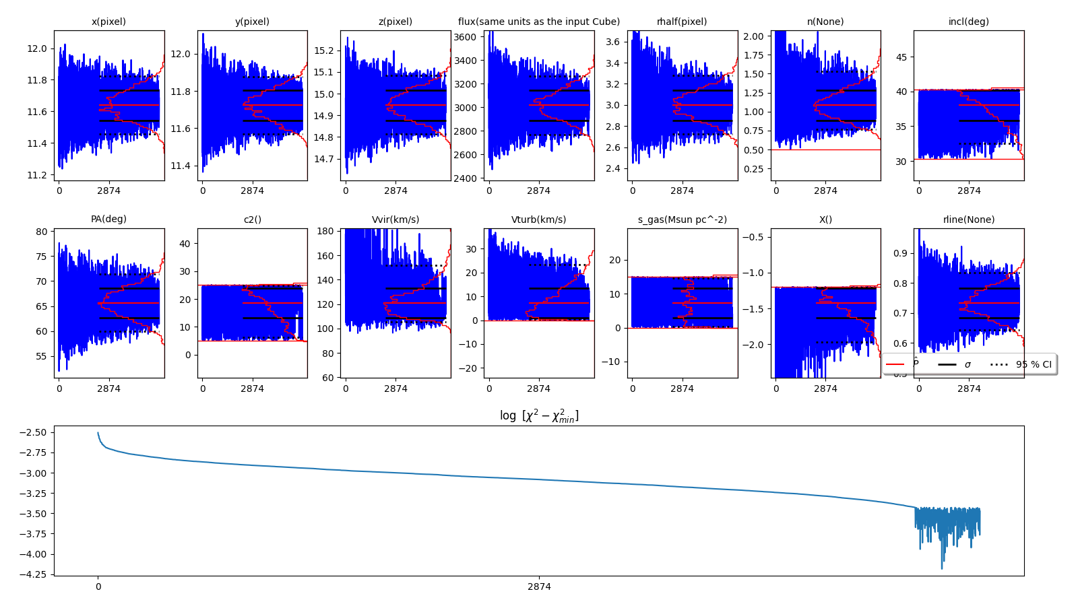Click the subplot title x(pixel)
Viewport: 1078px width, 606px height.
[x=108, y=22]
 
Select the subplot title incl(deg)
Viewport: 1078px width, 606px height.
[x=968, y=22]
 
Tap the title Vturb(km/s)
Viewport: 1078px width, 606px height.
[x=538, y=220]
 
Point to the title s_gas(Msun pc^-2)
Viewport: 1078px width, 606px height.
[x=682, y=220]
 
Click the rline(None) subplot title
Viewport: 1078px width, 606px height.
[x=968, y=220]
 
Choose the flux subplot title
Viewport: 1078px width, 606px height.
[x=538, y=22]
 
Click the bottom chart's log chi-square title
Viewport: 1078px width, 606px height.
[x=538, y=415]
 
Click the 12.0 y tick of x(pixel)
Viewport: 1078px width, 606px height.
[x=38, y=48]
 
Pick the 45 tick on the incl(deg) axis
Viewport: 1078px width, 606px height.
[x=901, y=57]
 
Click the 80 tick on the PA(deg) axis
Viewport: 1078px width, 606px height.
[x=42, y=232]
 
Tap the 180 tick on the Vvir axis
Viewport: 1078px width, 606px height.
[x=325, y=231]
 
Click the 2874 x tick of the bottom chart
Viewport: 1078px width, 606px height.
[x=539, y=586]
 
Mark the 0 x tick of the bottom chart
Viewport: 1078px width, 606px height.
[x=98, y=586]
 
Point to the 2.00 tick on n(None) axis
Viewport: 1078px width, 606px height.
[x=753, y=36]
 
